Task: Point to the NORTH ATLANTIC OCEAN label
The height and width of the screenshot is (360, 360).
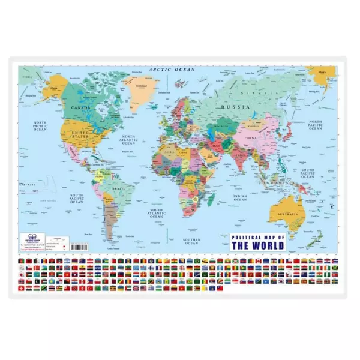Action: tap(128, 140)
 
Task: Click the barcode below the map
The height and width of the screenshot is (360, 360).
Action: tap(80, 246)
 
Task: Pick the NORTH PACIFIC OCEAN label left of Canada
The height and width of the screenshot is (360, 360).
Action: tap(39, 125)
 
